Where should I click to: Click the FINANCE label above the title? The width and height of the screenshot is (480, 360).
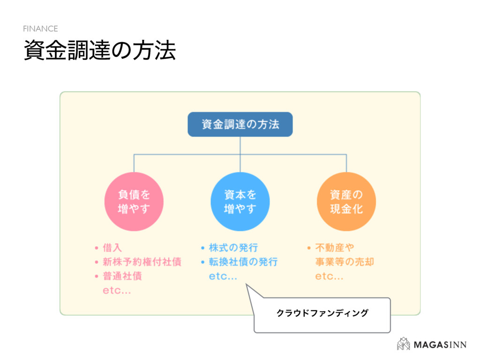click(x=40, y=29)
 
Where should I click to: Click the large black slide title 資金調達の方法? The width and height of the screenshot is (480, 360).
click(x=99, y=51)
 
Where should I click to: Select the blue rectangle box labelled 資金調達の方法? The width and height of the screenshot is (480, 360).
click(x=240, y=124)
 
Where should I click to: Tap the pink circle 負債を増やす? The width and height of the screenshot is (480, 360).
click(x=134, y=202)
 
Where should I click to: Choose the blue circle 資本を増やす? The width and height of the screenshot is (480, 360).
click(x=240, y=202)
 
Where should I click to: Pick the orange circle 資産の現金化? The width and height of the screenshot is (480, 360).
click(x=346, y=202)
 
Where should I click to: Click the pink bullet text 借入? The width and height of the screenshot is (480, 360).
click(x=112, y=247)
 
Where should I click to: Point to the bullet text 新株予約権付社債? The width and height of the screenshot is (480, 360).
click(x=142, y=262)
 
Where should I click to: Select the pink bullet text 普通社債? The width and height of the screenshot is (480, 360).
click(x=122, y=276)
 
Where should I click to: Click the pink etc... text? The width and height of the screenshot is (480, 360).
click(x=117, y=291)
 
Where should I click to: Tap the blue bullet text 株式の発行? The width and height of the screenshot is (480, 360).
click(x=233, y=247)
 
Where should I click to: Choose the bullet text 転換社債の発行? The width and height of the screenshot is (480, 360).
click(x=243, y=262)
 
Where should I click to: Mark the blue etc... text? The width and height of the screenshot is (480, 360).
click(x=223, y=277)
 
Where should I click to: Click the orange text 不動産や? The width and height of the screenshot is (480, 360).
click(x=334, y=247)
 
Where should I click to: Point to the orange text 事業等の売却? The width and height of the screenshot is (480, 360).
click(x=345, y=262)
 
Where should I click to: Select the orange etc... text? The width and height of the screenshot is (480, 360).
click(x=329, y=277)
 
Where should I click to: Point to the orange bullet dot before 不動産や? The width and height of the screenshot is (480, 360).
click(x=309, y=247)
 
